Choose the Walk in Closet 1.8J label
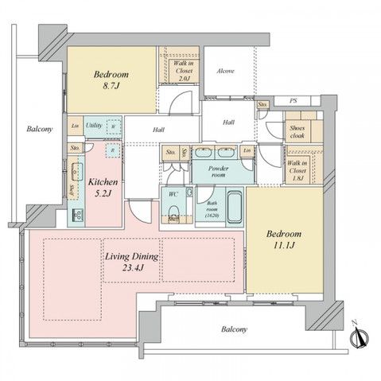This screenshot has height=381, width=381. (x=298, y=169)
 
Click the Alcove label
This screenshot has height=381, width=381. (x=226, y=71)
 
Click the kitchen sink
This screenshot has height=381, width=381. (x=76, y=171)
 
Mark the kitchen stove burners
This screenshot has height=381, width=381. (x=77, y=213)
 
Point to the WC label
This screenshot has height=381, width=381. (x=173, y=192)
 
